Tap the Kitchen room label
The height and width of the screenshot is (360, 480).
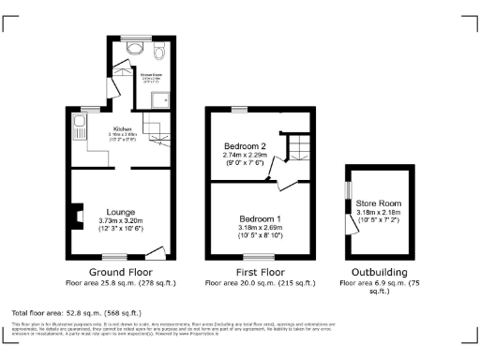pos(122,128)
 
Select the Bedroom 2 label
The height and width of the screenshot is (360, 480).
pos(245,146)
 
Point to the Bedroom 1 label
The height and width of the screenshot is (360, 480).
pos(258,218)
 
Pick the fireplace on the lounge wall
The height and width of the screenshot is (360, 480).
pos(71,216)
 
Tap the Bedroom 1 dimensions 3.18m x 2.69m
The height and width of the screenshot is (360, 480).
pos(258,228)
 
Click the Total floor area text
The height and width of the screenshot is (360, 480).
pos(76,311)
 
